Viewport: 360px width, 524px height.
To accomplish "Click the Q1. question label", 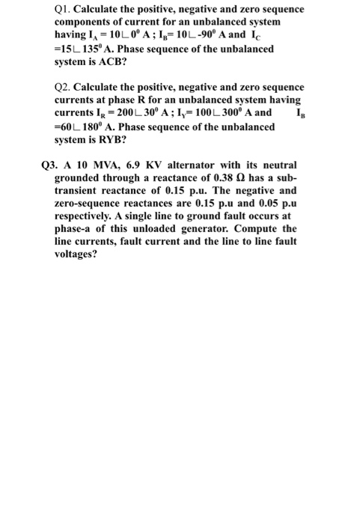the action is (x=64, y=9).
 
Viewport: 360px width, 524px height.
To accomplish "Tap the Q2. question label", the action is (x=64, y=88).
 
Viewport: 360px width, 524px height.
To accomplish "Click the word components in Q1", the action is (x=85, y=22).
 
